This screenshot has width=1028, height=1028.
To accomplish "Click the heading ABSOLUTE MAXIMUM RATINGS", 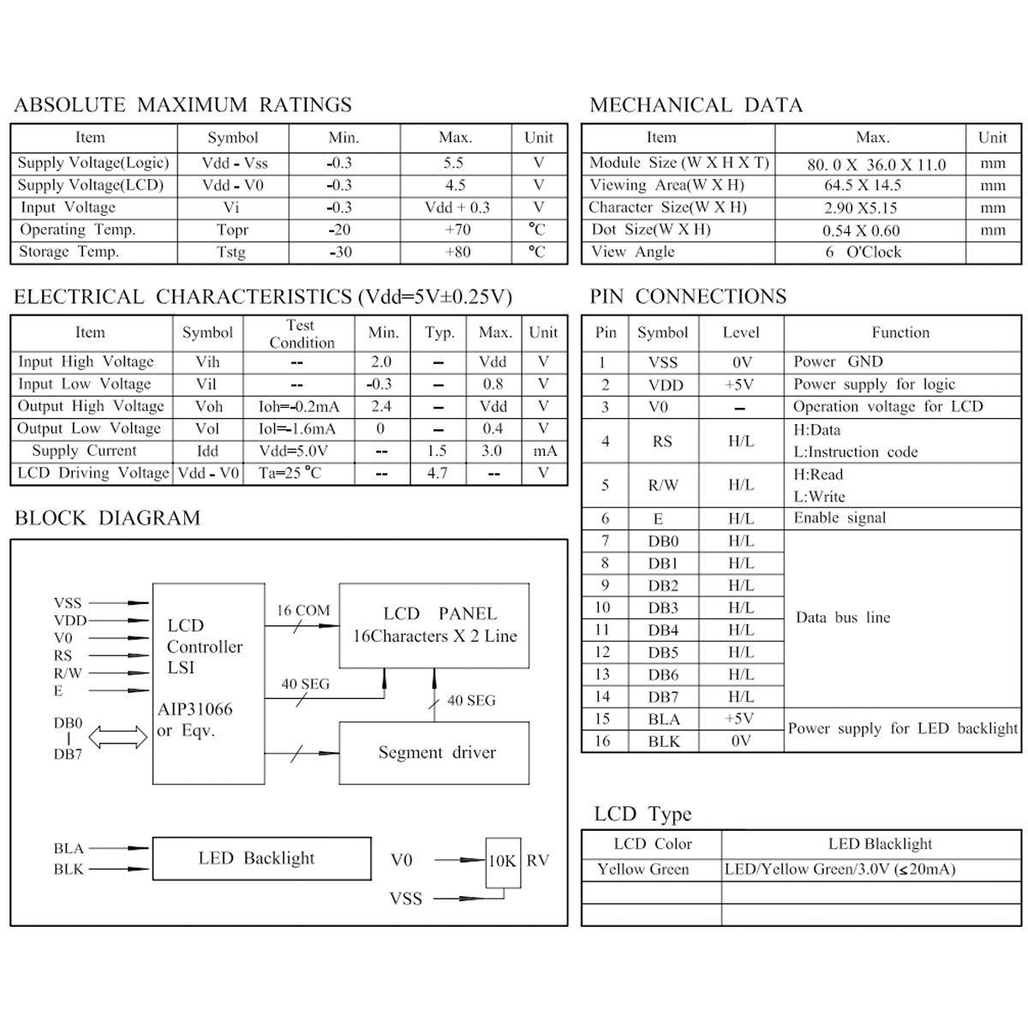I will pos(182,105).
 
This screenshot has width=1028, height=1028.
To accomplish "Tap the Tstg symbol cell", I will pos(231,252).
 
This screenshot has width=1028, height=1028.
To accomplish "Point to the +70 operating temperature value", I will pos(457,230).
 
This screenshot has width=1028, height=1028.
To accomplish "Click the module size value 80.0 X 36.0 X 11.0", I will pos(876,164).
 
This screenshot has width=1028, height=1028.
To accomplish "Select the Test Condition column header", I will pos(301,333).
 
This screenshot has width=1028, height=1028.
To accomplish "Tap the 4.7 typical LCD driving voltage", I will pos(437,473).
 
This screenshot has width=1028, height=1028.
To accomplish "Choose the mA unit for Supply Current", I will pos(544,451).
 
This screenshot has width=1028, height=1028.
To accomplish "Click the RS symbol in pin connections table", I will pos(661,441).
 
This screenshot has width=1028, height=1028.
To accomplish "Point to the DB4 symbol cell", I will pos(663,631).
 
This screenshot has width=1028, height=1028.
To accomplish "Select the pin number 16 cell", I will pos(603,741).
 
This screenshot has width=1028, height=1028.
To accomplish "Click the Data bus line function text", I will pos(843,618).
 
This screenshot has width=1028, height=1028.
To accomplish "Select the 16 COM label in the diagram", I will pos(302,611).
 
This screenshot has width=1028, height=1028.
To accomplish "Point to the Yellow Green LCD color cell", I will pos(643,870).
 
